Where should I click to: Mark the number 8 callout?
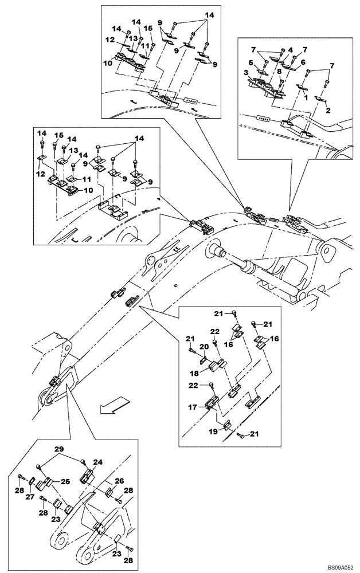[278, 72]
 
